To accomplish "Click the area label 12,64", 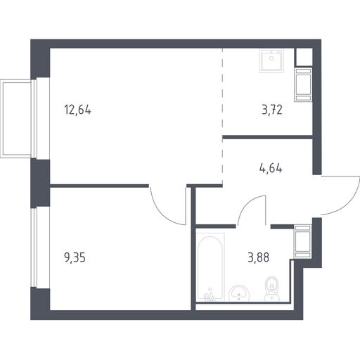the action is tap(77, 110).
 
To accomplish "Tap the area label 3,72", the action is tap(272, 110).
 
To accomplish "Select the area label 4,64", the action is tap(271, 168).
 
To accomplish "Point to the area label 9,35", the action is tap(75, 257).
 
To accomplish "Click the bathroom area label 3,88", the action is tap(259, 257).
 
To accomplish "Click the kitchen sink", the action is tap(271, 60).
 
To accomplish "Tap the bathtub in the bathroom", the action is tap(210, 266).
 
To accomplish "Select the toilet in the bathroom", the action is tap(272, 288).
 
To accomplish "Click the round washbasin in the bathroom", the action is tap(239, 293).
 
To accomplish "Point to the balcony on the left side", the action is tap(17, 118).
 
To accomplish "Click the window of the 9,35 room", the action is tap(34, 247).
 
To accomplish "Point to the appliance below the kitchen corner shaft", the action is tap(303, 84).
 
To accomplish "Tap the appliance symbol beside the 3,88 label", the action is tap(303, 242).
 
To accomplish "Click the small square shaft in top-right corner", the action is tap(304, 57).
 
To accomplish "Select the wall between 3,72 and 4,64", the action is tap(268, 137).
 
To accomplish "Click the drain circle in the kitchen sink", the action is tap(271, 58).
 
